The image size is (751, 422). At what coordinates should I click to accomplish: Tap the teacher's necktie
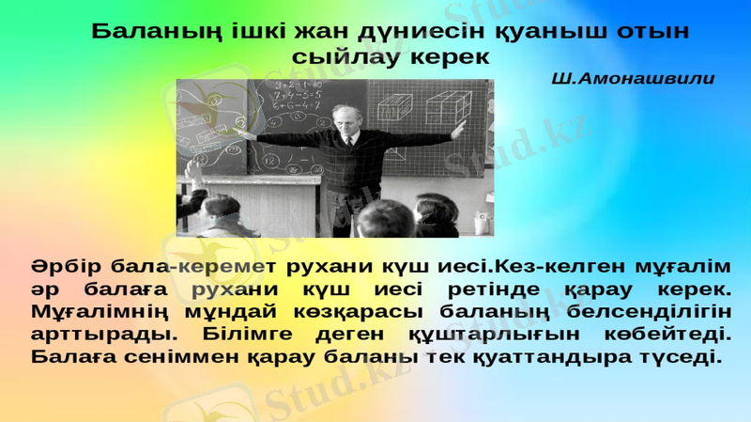tap(348, 141)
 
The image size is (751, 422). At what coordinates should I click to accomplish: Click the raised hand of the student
tap(192, 170)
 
